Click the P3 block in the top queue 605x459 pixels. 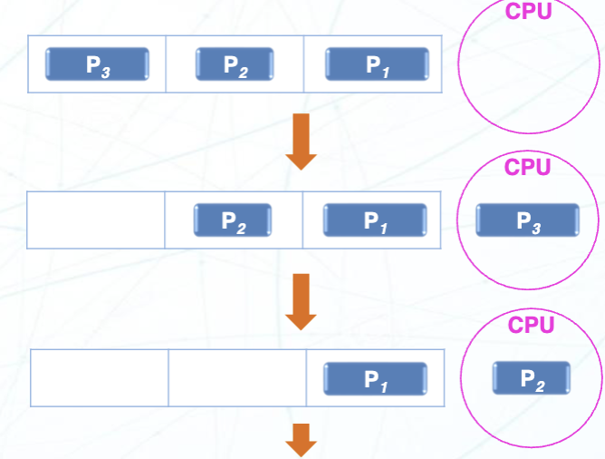97,64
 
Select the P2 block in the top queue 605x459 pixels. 235,64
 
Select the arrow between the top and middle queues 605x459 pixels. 301,142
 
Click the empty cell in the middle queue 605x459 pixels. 96,220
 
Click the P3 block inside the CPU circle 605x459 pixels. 527,220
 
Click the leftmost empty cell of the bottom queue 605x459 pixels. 100,378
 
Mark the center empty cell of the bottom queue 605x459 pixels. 237,378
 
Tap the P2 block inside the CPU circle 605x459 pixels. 532,378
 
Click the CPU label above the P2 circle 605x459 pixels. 531,325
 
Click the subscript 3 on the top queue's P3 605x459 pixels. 106,69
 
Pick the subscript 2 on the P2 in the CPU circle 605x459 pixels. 541,383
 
